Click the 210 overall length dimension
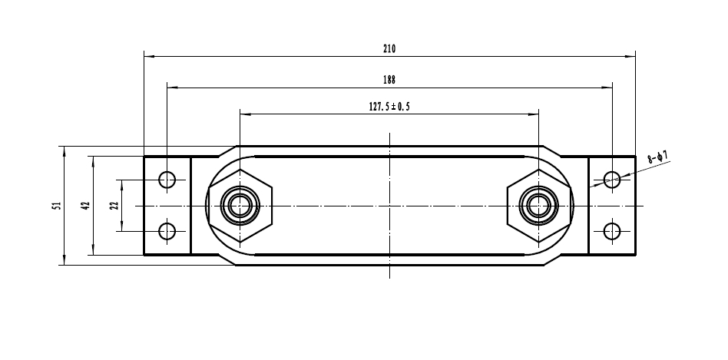[x=389, y=48]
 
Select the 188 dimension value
[x=389, y=79]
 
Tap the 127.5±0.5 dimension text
[x=389, y=107]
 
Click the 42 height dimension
[x=85, y=205]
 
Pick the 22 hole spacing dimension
[x=114, y=205]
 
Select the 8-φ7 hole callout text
[x=657, y=158]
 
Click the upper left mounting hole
[x=167, y=180]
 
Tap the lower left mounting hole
[x=167, y=230]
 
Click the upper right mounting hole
[x=612, y=180]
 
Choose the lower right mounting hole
[x=612, y=230]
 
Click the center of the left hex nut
[x=240, y=205]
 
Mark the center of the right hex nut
[x=538, y=205]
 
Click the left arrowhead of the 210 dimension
[x=148, y=56]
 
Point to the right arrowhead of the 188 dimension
[x=608, y=88]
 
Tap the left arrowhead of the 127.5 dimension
[x=244, y=115]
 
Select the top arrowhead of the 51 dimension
[x=65, y=150]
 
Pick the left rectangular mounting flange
[x=167, y=205]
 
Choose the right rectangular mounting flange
[x=612, y=205]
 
